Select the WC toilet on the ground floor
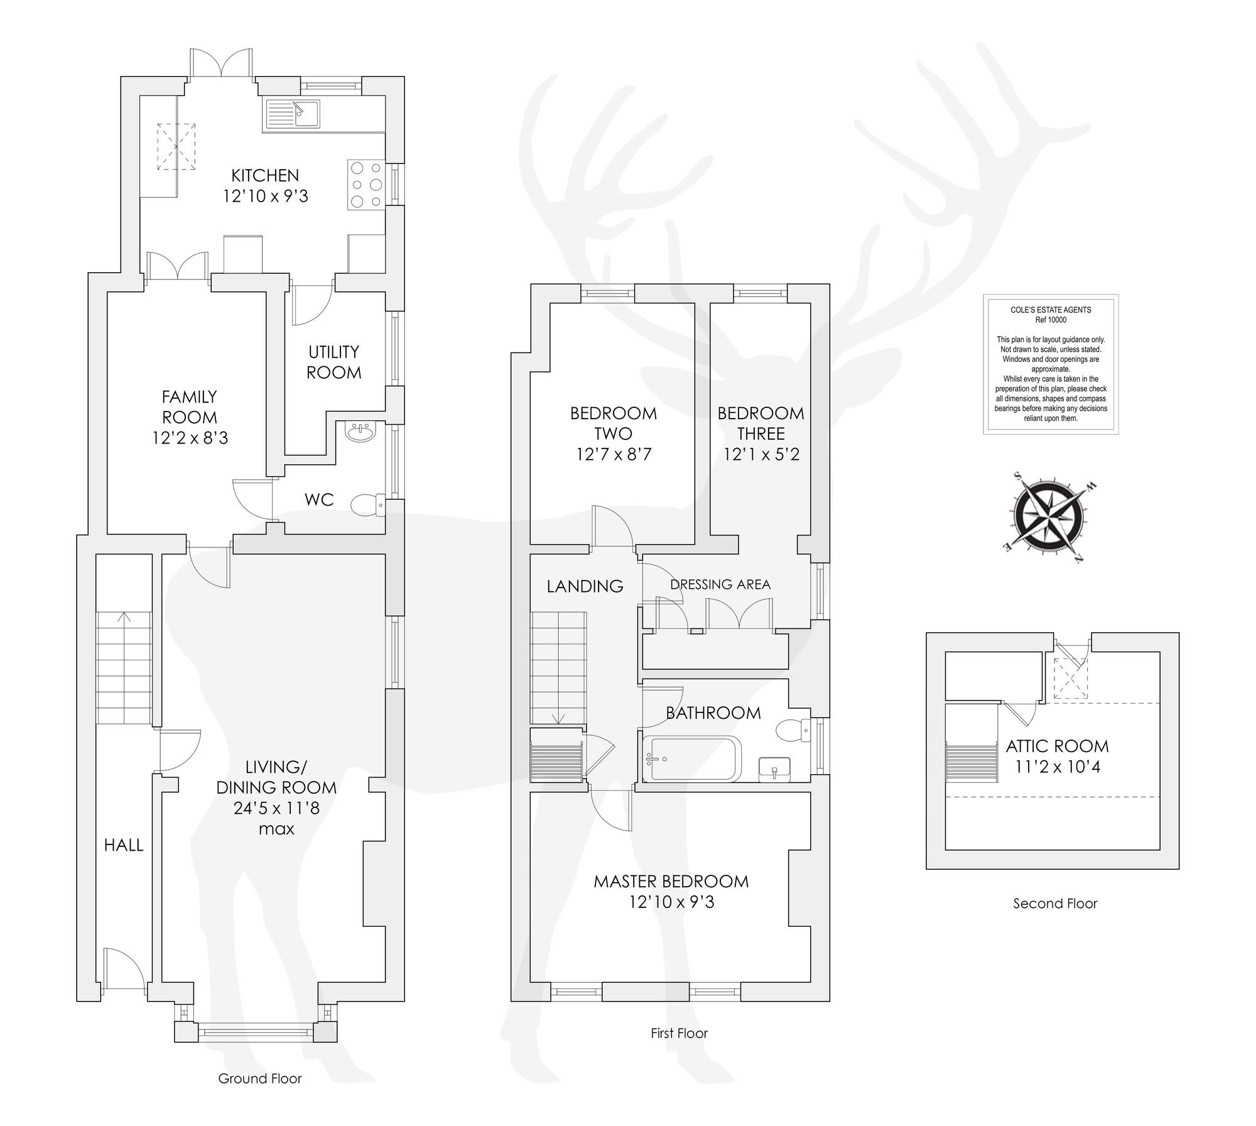pyautogui.click(x=367, y=505)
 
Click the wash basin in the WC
pyautogui.click(x=360, y=432)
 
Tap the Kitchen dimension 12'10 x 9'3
pyautogui.click(x=266, y=196)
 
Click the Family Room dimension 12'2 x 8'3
pyautogui.click(x=190, y=437)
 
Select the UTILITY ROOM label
pyautogui.click(x=333, y=362)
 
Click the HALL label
pyautogui.click(x=124, y=845)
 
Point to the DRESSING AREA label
pyautogui.click(x=720, y=584)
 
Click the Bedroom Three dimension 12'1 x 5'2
pyautogui.click(x=761, y=454)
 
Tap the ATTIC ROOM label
pyautogui.click(x=1058, y=746)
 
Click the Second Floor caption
pyautogui.click(x=1055, y=904)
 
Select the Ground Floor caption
pyautogui.click(x=260, y=1079)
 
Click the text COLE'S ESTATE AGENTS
pyautogui.click(x=1051, y=310)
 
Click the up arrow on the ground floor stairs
pyautogui.click(x=124, y=617)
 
